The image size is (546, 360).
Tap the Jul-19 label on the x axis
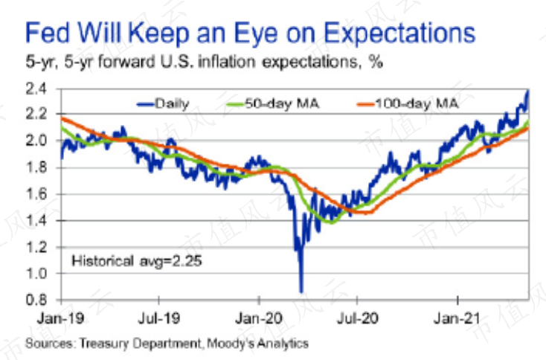[x=159, y=315]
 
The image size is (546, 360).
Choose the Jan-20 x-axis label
[x=258, y=315]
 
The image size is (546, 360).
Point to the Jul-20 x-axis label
[x=357, y=315]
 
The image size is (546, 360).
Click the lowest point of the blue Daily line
[x=301, y=292]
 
